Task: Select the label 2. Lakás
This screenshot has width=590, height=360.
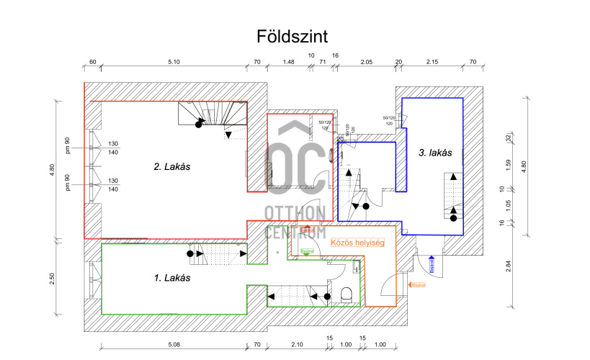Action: point(176,166)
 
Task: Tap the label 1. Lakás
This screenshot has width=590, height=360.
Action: point(172,276)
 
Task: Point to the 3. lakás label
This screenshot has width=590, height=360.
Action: point(434,152)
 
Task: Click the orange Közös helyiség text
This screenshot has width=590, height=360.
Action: point(357,243)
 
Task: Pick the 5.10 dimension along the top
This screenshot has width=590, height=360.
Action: point(174,62)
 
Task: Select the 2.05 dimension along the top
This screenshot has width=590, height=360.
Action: point(367,62)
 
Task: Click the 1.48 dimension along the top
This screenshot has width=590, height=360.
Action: point(288,62)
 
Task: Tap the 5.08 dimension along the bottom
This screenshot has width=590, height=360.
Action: point(174,344)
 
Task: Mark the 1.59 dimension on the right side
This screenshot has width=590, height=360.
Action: point(508,164)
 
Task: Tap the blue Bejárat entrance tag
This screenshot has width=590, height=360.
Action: point(432,266)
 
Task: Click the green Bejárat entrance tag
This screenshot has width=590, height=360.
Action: point(306,251)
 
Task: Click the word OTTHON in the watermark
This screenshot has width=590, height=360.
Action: point(295,214)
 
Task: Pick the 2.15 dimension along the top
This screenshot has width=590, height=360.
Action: point(432,62)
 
